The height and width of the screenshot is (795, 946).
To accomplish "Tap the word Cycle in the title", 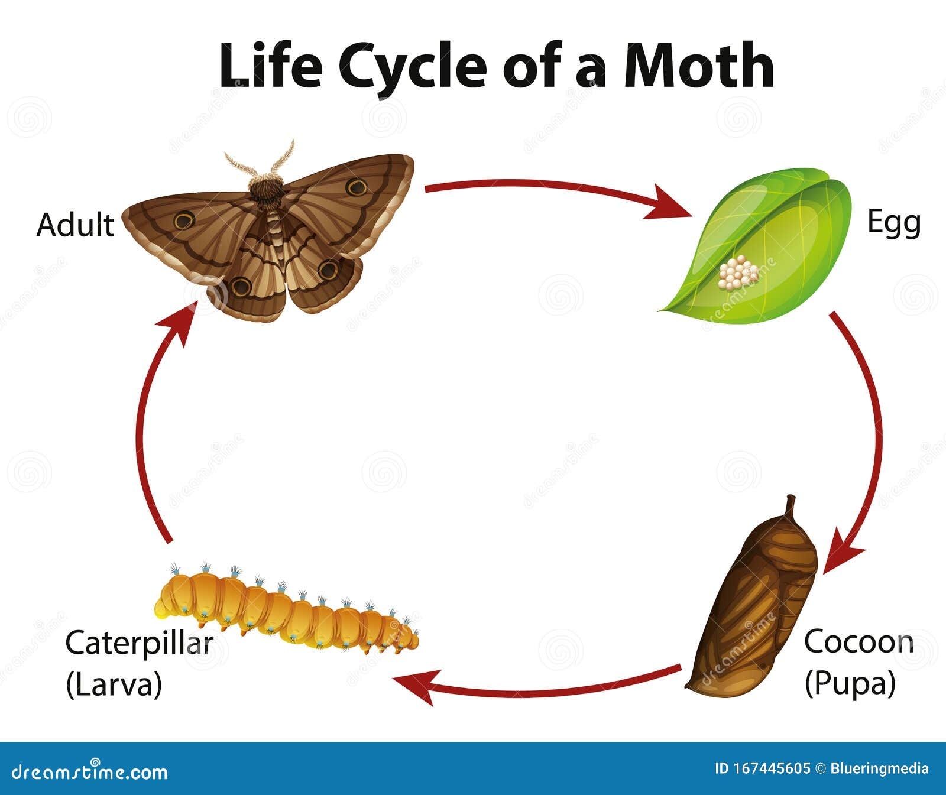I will click(413, 66).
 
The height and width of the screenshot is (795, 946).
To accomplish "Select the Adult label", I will click(75, 225).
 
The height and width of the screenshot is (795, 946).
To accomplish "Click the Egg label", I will click(893, 223).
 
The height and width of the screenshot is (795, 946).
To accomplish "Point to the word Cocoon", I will click(858, 642).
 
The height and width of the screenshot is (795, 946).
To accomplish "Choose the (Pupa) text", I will click(850, 683).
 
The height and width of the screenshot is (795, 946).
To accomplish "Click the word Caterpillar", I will click(139, 643).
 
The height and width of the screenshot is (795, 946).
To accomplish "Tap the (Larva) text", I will click(114, 684).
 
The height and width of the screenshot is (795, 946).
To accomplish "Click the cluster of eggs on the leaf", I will click(738, 273).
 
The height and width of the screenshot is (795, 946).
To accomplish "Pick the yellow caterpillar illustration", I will click(284, 612).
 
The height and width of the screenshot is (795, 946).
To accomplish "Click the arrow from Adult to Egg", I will click(556, 190).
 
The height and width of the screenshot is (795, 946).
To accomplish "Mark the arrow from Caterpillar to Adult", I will click(148, 426).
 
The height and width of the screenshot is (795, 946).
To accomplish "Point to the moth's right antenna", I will click(283, 157).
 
